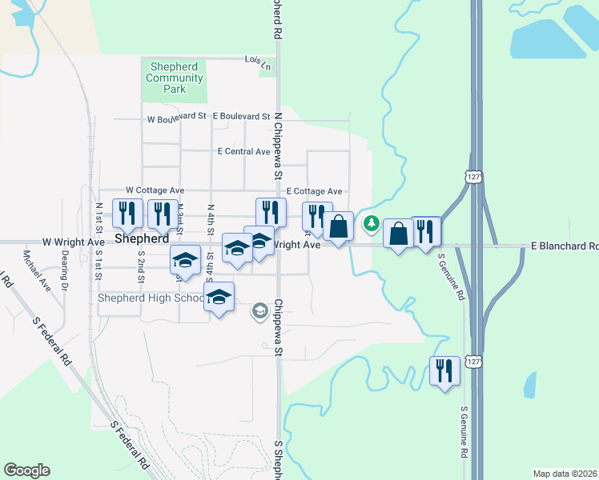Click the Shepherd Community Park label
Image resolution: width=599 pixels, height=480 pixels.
175,78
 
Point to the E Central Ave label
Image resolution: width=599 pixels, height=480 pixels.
243,151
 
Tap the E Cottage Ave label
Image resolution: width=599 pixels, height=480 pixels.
315,192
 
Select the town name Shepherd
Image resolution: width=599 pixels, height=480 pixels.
142,239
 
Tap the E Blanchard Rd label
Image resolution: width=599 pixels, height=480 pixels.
564,247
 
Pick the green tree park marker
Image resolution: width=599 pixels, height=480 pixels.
371,224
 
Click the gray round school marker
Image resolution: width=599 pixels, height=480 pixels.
259,310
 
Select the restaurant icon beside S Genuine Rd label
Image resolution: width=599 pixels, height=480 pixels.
444,371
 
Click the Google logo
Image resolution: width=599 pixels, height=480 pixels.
27,470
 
